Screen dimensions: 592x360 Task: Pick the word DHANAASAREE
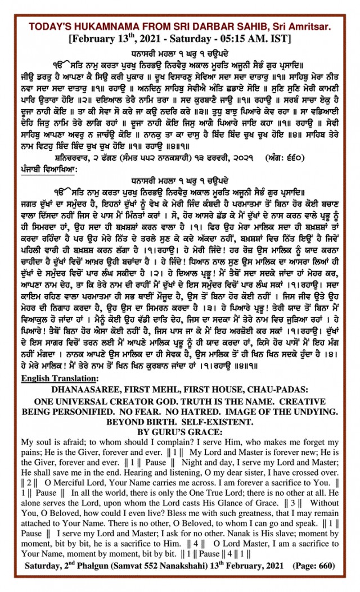[x=91, y=389]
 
